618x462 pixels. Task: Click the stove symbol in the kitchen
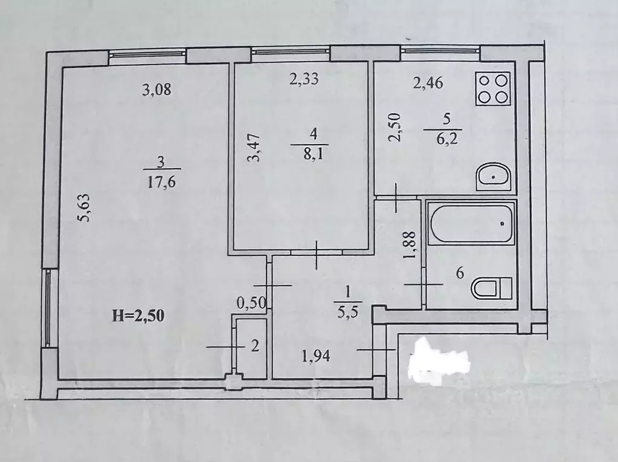click(493, 89)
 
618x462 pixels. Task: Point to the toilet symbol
click(492, 288)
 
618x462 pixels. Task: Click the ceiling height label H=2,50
click(138, 316)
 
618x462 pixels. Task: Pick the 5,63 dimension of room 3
click(86, 207)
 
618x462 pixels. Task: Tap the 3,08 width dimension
click(156, 90)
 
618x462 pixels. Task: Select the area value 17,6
click(161, 183)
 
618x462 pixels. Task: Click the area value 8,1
click(313, 154)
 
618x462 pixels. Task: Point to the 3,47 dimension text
click(254, 148)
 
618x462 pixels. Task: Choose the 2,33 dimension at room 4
click(303, 79)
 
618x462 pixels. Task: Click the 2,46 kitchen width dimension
click(428, 83)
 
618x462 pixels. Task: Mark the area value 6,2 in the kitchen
click(448, 138)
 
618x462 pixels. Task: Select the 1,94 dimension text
click(316, 357)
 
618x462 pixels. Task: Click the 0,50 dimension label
click(251, 303)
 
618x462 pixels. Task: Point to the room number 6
click(460, 273)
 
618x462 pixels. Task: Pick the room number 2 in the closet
click(255, 346)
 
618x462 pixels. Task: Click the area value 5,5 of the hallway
click(348, 313)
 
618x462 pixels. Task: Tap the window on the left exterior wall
click(47, 308)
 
